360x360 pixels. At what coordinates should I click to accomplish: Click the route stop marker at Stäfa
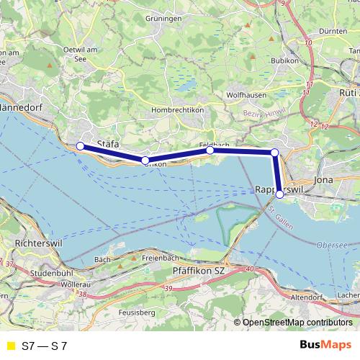coord(80,146)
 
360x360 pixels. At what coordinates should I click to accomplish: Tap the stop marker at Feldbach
coord(210,150)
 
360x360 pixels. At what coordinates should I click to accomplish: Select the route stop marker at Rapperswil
coord(279,194)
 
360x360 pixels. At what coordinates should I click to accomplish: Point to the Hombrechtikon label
coord(177,109)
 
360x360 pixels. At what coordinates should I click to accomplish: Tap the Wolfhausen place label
coord(247,94)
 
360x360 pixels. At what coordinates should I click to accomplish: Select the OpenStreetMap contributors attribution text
coord(298,323)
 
